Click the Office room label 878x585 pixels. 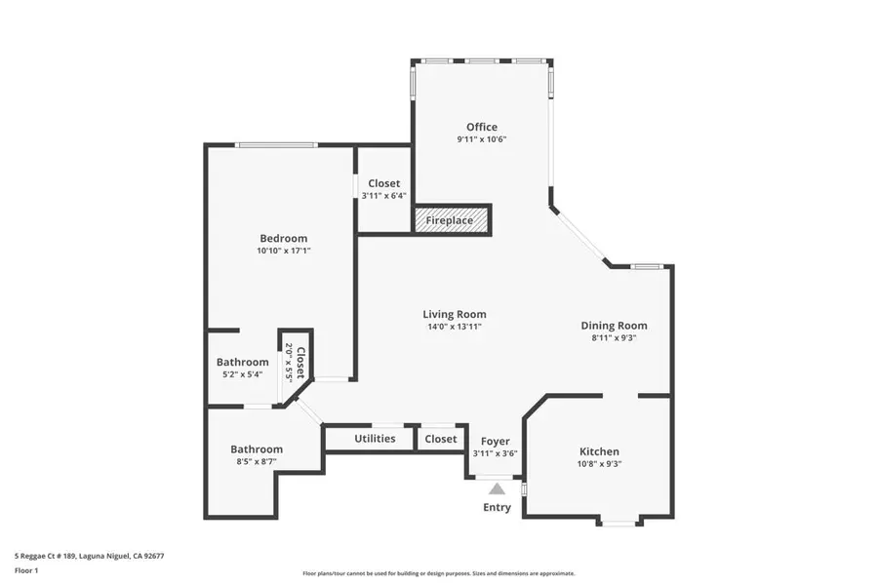pyautogui.click(x=481, y=127)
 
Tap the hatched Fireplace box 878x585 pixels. pyautogui.click(x=450, y=220)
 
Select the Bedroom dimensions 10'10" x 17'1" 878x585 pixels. pyautogui.click(x=283, y=252)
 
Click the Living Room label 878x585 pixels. pyautogui.click(x=455, y=314)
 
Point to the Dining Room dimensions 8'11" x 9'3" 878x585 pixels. pyautogui.click(x=614, y=338)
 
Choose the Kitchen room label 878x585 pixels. pyautogui.click(x=599, y=451)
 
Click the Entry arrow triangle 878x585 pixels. pyautogui.click(x=498, y=489)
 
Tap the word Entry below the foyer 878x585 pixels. pyautogui.click(x=497, y=508)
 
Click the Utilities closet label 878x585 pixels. pyautogui.click(x=375, y=439)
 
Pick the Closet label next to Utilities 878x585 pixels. pyautogui.click(x=441, y=439)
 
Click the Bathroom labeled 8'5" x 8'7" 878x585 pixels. pyautogui.click(x=257, y=449)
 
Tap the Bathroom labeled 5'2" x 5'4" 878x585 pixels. pyautogui.click(x=242, y=363)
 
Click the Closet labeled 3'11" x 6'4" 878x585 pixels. pyautogui.click(x=383, y=183)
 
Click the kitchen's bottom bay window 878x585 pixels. pyautogui.click(x=618, y=524)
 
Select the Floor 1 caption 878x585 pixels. pyautogui.click(x=26, y=572)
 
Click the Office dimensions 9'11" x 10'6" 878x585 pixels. pyautogui.click(x=481, y=139)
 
